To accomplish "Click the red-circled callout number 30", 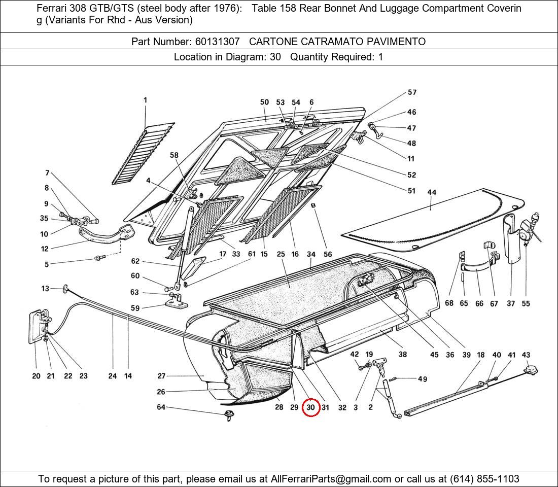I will [310, 407].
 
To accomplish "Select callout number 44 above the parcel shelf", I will [432, 193].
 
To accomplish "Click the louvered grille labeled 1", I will [142, 152].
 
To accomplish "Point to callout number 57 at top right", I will [412, 92].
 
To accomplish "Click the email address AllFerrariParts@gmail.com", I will [331, 479].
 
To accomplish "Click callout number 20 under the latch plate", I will [36, 376].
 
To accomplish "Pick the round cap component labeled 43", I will [531, 371].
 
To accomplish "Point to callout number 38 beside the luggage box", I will [402, 355].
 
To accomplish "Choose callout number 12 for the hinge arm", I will [45, 249].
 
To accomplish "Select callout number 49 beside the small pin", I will [422, 379].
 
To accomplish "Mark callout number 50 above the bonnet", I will [264, 102].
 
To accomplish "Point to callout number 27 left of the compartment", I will [161, 376].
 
